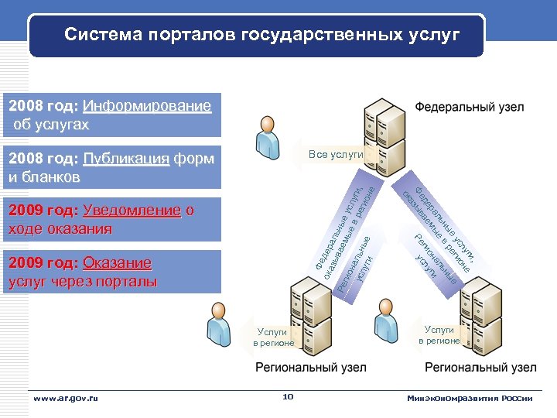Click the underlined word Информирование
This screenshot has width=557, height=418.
tap(146, 106)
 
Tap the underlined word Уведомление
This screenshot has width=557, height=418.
tap(132, 211)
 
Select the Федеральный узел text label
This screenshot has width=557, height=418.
tap(469, 107)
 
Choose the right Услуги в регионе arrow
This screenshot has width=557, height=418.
tap(439, 335)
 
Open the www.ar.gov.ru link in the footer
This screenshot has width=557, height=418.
tap(66, 398)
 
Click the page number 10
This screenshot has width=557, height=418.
tap(288, 397)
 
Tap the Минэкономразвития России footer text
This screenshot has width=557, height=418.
tap(470, 398)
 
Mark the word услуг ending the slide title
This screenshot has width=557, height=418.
tap(438, 35)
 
